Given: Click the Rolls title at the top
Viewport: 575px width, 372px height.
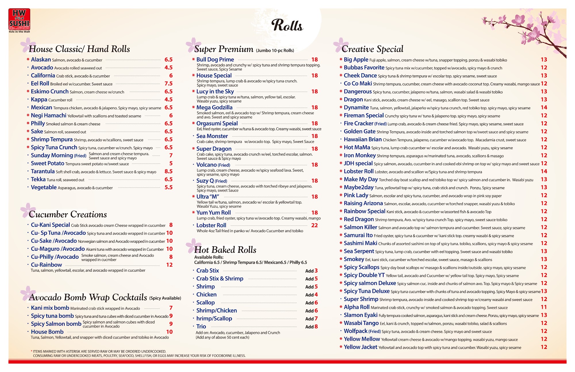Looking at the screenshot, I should (287, 25).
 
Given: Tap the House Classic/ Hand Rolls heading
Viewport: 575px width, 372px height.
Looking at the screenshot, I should (79, 49).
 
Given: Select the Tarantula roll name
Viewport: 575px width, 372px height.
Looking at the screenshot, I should (43, 171).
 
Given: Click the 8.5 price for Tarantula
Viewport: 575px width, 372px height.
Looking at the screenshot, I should (168, 171).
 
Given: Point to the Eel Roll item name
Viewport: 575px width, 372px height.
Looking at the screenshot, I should (40, 84).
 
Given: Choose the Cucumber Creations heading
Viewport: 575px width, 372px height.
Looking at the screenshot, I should (68, 214).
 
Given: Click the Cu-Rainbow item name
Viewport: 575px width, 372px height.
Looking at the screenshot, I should (46, 265).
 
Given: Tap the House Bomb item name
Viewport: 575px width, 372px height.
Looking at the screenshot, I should (47, 332).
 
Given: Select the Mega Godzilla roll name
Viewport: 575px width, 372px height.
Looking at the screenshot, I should (214, 108).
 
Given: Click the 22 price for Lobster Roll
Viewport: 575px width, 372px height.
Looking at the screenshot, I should (315, 225).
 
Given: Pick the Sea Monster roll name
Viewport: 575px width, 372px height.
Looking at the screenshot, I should (212, 136).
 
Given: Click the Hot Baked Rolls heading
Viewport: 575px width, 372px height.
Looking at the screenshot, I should (225, 250).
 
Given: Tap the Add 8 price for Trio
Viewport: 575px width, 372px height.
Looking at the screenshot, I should (312, 327).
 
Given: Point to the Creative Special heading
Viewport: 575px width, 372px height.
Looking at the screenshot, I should (372, 49).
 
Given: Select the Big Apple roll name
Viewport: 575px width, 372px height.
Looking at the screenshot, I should (356, 60).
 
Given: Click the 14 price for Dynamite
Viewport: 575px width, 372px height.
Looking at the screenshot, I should (544, 108).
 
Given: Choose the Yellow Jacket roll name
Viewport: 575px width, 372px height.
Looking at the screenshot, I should (361, 347).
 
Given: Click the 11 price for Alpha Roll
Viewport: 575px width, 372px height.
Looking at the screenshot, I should (544, 307).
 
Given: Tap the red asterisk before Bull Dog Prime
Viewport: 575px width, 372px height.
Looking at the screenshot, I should (193, 60).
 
